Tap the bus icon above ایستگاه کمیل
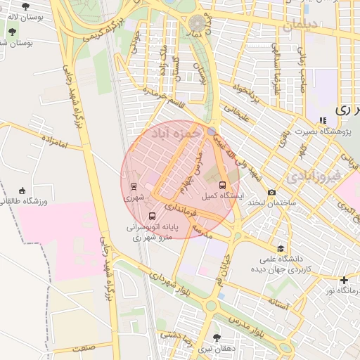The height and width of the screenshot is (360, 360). pyautogui.click(x=223, y=186)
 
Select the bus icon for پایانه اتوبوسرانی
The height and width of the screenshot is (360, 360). pyautogui.click(x=153, y=216)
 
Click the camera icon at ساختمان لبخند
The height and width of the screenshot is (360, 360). pyautogui.click(x=271, y=193)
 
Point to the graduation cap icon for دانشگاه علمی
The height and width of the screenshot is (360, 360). pyautogui.click(x=281, y=248)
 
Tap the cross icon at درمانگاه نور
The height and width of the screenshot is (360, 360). pyautogui.click(x=343, y=280)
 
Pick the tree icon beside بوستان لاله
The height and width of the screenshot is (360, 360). pyautogui.click(x=26, y=6)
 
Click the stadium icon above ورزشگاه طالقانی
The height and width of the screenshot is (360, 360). pyautogui.click(x=22, y=191)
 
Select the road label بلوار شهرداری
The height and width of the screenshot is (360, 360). pyautogui.click(x=166, y=281)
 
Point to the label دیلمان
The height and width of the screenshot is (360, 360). pyautogui.click(x=302, y=25)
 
